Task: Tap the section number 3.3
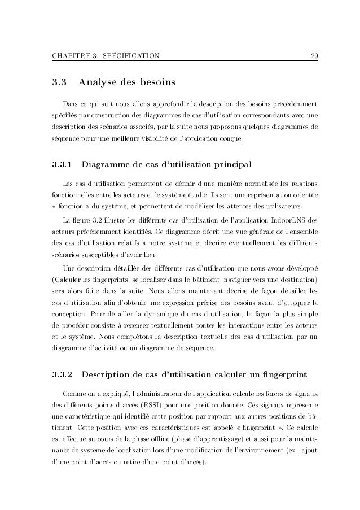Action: (x=59, y=84)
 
